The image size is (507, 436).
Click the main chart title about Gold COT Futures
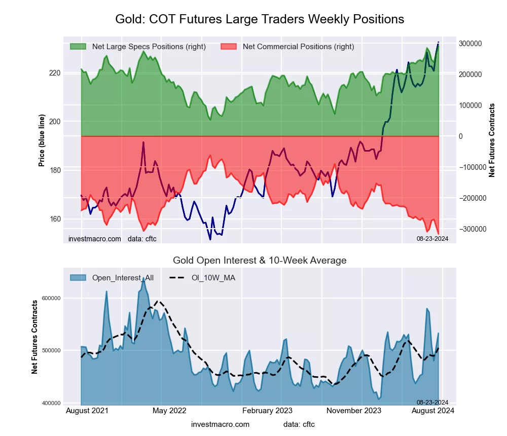pos(260,19)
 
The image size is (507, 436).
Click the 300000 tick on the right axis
pos(470,44)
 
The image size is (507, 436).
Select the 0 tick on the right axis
pos(461,136)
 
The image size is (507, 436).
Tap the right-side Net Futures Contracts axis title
pos(492,140)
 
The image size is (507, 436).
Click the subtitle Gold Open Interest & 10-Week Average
pos(260,261)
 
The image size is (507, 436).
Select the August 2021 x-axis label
pos(86,411)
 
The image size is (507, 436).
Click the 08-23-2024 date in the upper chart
pos(432,238)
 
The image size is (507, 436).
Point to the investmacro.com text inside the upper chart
pos(95,238)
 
